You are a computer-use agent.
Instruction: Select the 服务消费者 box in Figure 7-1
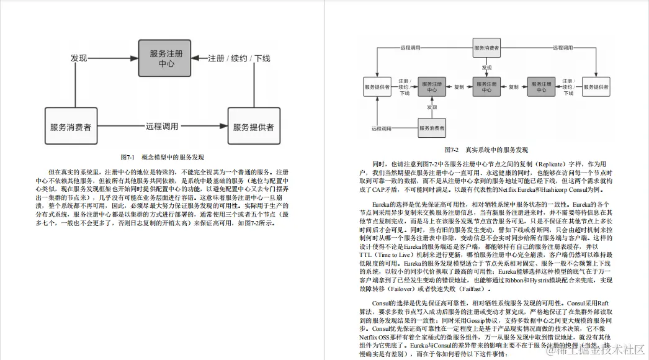[x=71, y=127]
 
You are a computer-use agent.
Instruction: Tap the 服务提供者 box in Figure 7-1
[x=253, y=127]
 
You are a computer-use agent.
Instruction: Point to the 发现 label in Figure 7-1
[x=79, y=58]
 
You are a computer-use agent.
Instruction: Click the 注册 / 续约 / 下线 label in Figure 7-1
[x=239, y=58]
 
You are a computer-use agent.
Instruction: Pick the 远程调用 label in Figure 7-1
[x=162, y=127]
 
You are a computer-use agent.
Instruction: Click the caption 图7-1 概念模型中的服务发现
[x=162, y=158]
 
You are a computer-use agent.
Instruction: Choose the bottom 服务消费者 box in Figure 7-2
[x=432, y=128]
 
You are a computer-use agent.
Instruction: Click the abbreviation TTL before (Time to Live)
[x=365, y=255]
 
